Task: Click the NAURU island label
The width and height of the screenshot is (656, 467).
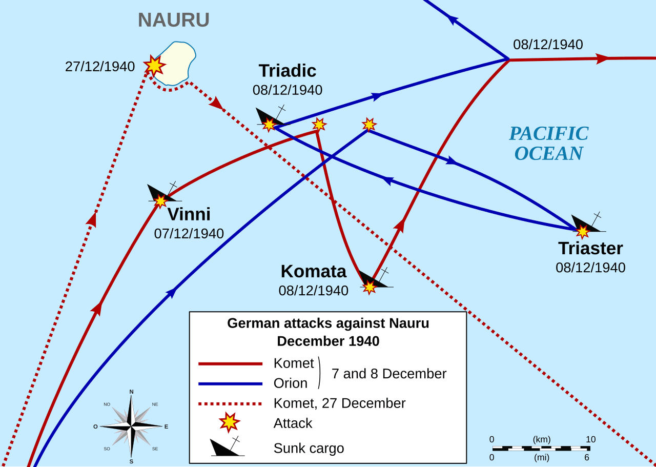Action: pos(174,20)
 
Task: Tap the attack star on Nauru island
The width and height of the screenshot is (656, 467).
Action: pos(154,65)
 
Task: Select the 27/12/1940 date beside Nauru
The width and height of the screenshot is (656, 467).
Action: pos(100,67)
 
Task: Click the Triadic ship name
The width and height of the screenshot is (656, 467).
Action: pos(287,71)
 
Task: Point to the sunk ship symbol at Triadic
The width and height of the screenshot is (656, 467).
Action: pos(270,118)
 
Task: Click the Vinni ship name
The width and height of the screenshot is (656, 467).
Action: pos(189,214)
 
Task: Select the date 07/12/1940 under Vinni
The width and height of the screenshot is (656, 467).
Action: pos(189,234)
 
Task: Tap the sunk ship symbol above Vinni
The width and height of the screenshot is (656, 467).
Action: pos(162,194)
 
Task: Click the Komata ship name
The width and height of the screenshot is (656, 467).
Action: pos(314,271)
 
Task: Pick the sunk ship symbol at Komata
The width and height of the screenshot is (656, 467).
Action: pos(374,280)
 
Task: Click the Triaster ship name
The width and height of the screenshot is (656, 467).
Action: pos(590,248)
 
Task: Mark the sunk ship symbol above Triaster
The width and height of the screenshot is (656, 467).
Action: pos(586,225)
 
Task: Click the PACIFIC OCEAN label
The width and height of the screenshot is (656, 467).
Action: pos(548,143)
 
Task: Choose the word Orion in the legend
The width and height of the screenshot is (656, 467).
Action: pos(291,383)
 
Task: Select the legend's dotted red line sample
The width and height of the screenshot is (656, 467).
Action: pos(230,404)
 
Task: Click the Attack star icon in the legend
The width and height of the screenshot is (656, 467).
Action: pos(229,422)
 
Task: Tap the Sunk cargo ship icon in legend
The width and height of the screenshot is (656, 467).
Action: pos(227,448)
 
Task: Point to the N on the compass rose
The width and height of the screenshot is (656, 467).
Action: pos(131,392)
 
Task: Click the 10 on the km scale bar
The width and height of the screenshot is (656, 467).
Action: pos(590,439)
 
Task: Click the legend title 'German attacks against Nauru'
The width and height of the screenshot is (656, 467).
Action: pos(328,323)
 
